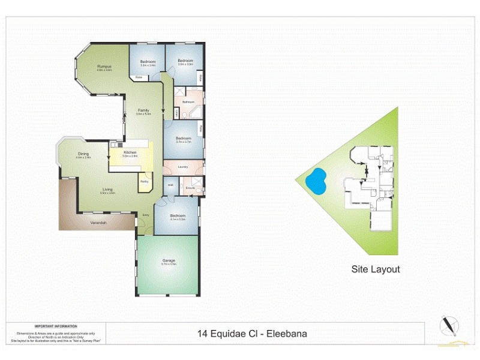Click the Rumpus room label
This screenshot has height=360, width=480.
click(104, 67)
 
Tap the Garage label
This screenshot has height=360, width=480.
click(169, 260)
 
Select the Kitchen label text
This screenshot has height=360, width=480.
click(130, 152)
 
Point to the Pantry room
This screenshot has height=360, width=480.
click(145, 181)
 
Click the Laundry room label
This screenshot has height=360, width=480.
click(184, 167)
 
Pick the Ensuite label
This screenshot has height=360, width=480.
click(190, 188)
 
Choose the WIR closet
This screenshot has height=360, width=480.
click(170, 185)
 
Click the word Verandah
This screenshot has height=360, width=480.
click(99, 223)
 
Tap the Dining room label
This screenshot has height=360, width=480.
click(83, 154)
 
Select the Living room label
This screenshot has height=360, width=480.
click(107, 190)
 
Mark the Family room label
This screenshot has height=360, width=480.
click(143, 110)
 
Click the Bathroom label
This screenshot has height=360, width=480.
click(188, 102)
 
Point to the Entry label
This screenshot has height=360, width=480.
click(146, 214)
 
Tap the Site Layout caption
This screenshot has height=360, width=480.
click(376, 269)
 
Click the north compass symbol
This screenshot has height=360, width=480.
click(448, 325)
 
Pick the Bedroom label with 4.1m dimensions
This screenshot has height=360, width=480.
click(178, 216)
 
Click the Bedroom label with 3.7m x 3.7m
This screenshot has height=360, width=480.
click(183, 139)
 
